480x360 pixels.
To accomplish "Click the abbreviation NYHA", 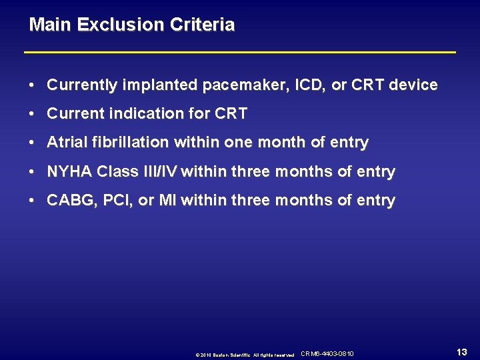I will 69,172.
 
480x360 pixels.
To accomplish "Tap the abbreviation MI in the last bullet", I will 166,201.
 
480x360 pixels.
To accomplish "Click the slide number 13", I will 461,352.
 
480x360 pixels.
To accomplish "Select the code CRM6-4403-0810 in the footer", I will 327,353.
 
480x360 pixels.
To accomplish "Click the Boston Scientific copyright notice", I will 245,355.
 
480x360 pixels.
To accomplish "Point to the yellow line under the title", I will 240,52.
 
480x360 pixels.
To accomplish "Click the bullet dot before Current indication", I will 33,115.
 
